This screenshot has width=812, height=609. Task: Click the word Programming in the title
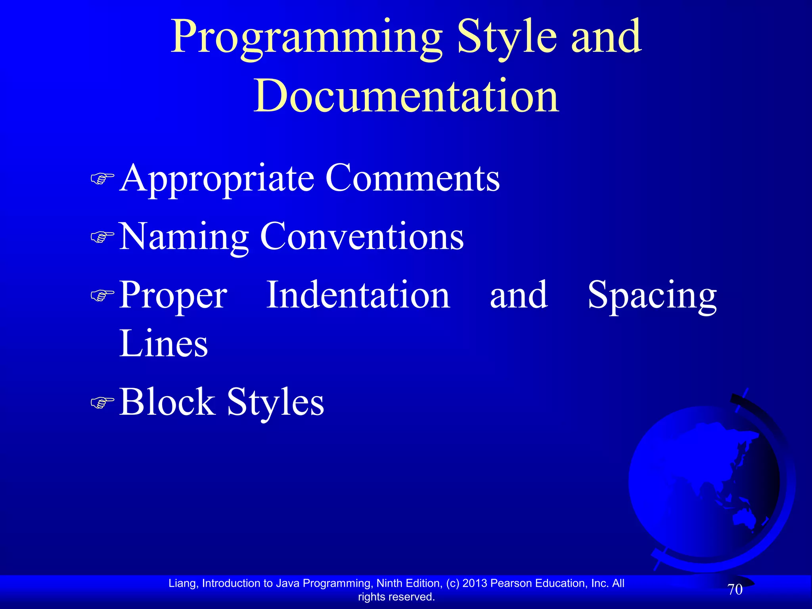[x=306, y=38]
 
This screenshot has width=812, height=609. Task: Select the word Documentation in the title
[x=406, y=96]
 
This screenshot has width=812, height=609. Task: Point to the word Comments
[x=412, y=178]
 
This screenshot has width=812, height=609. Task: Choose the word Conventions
[x=362, y=236]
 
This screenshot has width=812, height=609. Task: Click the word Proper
[x=173, y=296]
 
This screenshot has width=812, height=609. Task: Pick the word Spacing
[x=652, y=296]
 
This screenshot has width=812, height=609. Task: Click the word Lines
[x=163, y=343]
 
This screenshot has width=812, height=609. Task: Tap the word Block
[x=167, y=402]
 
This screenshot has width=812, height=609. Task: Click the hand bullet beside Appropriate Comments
[x=102, y=179]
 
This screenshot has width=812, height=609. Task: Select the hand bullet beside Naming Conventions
[x=102, y=237]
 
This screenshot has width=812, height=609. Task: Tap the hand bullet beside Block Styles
[x=102, y=402]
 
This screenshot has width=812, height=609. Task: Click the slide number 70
[x=735, y=590]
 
